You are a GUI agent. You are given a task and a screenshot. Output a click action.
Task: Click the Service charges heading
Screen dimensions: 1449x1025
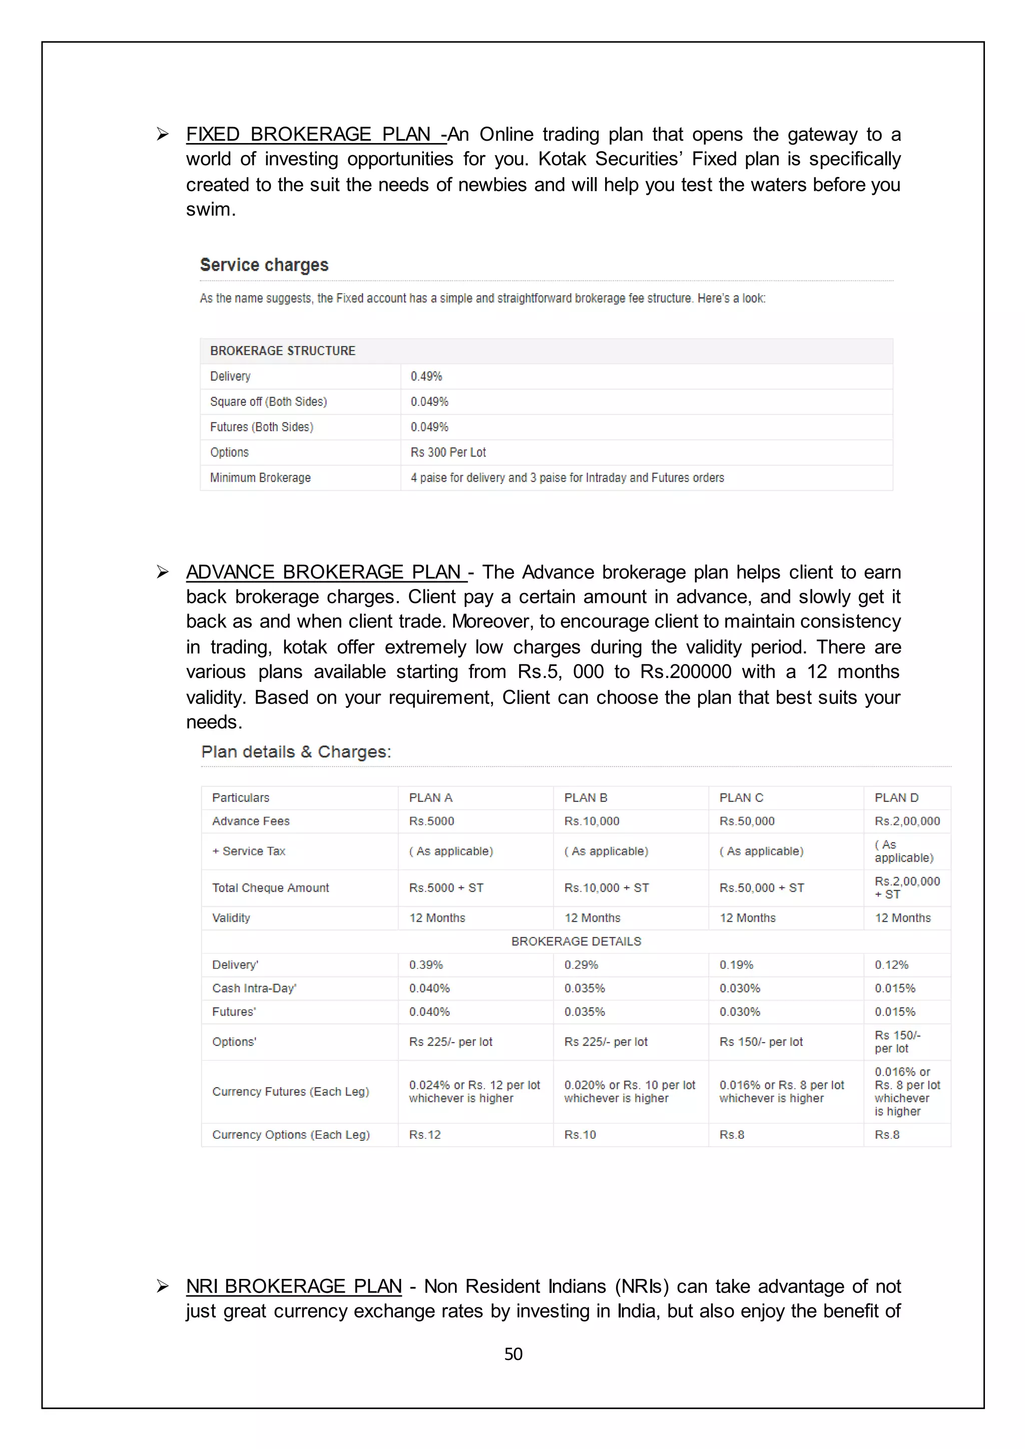point(264,265)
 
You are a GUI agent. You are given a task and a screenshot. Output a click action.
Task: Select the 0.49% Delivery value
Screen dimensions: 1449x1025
point(426,376)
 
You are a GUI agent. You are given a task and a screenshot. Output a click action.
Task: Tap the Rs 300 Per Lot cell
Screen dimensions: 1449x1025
point(448,452)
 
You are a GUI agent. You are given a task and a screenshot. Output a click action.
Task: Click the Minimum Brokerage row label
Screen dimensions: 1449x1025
point(260,478)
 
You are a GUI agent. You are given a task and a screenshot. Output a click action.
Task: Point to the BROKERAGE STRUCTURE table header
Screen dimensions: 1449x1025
point(283,351)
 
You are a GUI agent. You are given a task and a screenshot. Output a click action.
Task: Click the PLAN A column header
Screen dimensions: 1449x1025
point(430,798)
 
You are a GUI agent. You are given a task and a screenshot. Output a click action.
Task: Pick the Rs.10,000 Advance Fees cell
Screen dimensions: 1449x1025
point(592,821)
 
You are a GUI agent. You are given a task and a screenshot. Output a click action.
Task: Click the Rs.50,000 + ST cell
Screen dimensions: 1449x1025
point(761,888)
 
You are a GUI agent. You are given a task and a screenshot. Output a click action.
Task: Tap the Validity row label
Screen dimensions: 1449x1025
point(231,918)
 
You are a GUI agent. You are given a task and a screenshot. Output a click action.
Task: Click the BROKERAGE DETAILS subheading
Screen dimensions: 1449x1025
point(576,941)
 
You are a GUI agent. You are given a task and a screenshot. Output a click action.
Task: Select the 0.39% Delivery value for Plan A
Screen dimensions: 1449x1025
point(426,965)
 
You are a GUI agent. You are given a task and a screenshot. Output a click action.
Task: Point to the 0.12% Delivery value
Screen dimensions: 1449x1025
point(891,965)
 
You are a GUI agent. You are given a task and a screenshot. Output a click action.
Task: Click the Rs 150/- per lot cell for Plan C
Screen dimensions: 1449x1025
point(761,1042)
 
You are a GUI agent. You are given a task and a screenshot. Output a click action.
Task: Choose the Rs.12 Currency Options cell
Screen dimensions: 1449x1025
point(425,1135)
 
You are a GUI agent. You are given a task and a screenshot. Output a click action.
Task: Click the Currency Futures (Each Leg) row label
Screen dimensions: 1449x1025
point(290,1092)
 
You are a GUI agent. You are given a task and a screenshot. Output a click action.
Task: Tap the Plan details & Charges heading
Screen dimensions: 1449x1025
point(296,752)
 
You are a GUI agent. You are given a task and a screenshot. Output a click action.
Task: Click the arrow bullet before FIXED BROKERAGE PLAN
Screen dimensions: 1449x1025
point(163,135)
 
